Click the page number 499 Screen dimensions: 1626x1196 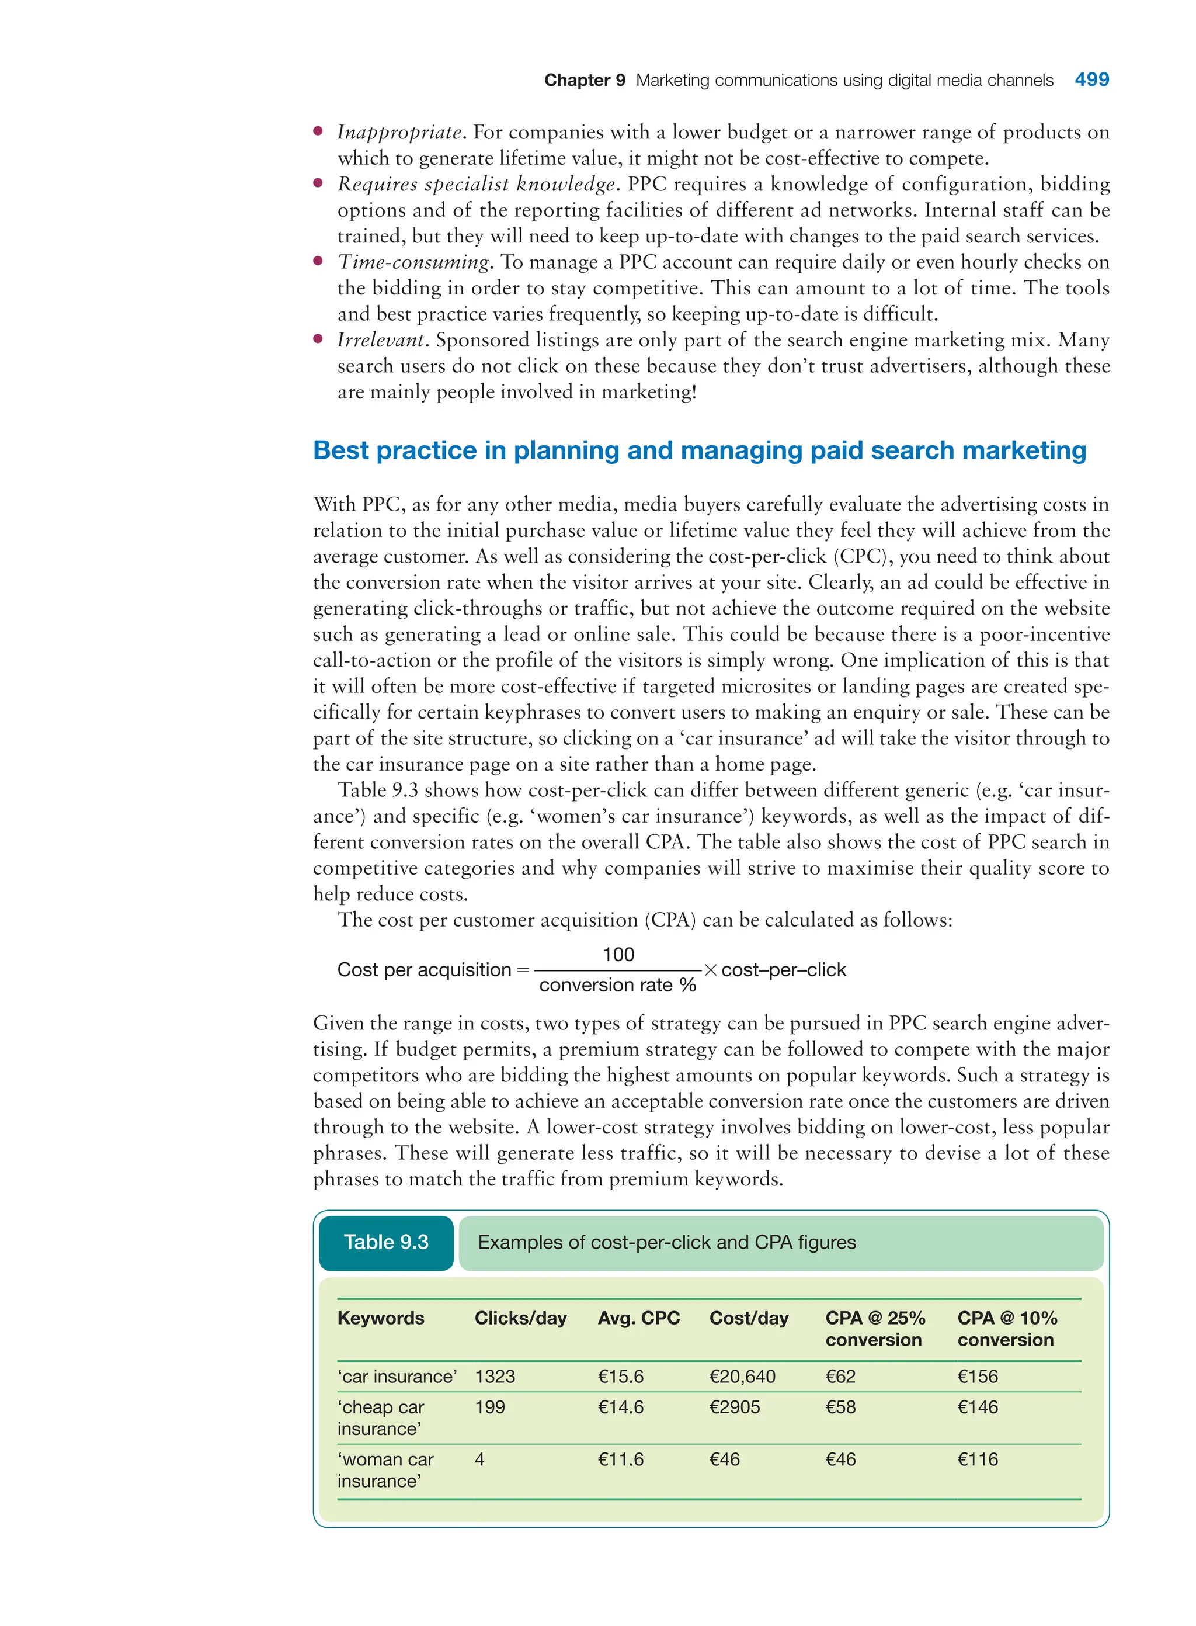click(x=1091, y=79)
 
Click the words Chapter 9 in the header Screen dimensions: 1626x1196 click(x=584, y=81)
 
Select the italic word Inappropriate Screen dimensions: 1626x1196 click(x=399, y=133)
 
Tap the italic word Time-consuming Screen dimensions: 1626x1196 click(x=414, y=262)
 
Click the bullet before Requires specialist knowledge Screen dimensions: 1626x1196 click(x=318, y=184)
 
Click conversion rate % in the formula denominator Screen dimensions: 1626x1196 click(x=617, y=985)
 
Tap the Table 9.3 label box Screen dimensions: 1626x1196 click(x=386, y=1242)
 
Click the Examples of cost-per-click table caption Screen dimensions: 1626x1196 click(x=666, y=1242)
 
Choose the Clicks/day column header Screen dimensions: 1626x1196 click(x=520, y=1318)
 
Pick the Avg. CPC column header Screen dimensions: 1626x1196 click(x=638, y=1318)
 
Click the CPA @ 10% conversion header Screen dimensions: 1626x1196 click(x=1006, y=1329)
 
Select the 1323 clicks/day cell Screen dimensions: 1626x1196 click(x=495, y=1376)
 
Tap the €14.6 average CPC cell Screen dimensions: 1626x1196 click(x=620, y=1407)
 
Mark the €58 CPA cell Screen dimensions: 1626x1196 click(x=840, y=1407)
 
